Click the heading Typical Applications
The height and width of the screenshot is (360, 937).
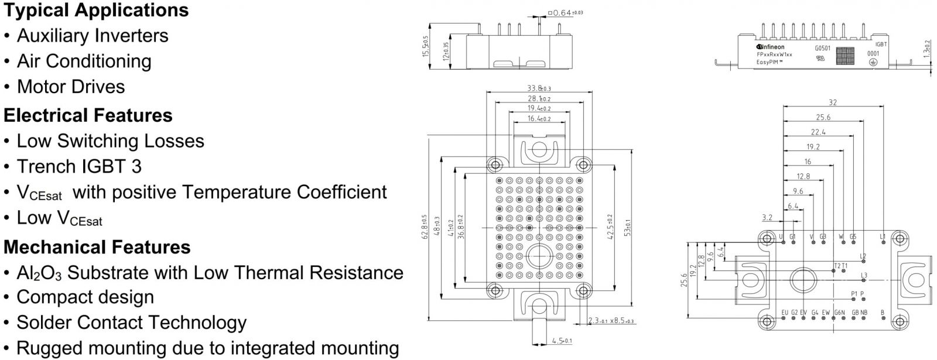(x=96, y=10)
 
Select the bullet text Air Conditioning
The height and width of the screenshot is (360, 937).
(x=84, y=61)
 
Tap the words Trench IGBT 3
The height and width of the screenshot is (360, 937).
(x=79, y=166)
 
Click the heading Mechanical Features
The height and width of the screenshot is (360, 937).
(x=97, y=247)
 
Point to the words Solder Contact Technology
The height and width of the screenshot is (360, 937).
(x=131, y=323)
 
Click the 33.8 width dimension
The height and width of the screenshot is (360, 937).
(x=539, y=88)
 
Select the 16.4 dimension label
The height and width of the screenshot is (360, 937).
(x=539, y=118)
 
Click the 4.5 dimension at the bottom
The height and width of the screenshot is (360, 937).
(x=561, y=341)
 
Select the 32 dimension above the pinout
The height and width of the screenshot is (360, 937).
(x=833, y=102)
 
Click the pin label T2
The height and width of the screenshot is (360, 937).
(x=836, y=266)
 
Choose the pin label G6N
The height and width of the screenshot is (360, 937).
(x=839, y=312)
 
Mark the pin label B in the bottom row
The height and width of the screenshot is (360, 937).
(x=883, y=312)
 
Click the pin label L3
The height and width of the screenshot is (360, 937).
(x=864, y=275)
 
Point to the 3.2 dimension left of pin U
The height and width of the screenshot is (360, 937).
(x=767, y=217)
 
